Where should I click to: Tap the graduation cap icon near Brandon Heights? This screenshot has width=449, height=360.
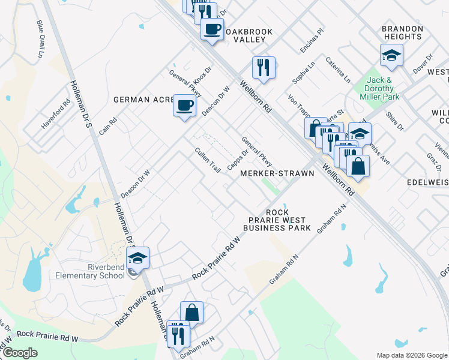[391, 56]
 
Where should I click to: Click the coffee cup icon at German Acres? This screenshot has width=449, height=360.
[184, 106]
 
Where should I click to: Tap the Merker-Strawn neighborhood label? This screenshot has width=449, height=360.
[277, 173]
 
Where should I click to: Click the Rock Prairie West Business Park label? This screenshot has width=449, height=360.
[277, 220]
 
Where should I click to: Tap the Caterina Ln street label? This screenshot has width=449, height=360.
[338, 69]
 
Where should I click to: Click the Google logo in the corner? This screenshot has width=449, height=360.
[20, 353]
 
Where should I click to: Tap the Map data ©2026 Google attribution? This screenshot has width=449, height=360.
[411, 355]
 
